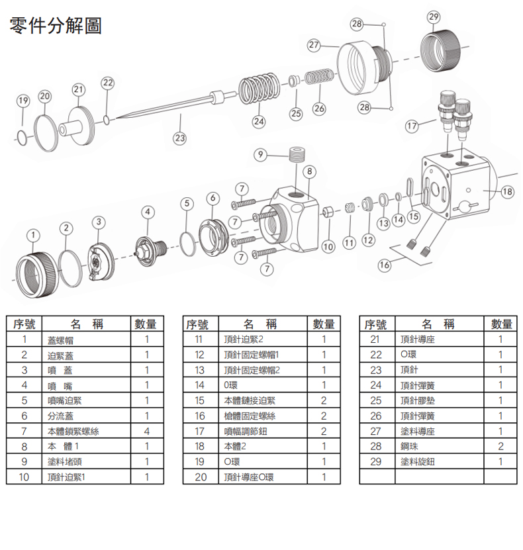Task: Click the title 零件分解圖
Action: click(x=56, y=27)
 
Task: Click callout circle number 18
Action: click(x=508, y=191)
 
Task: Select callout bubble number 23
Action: click(x=179, y=138)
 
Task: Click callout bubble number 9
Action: click(x=262, y=154)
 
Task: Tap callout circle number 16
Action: click(x=384, y=265)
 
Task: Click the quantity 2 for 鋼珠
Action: click(x=500, y=446)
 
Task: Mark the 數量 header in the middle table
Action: click(x=324, y=324)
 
